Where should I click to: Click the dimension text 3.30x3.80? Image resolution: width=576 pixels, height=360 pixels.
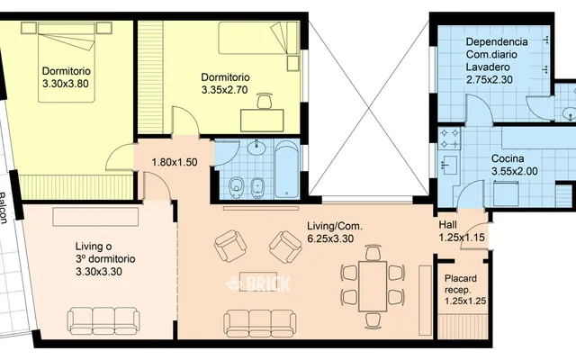66,84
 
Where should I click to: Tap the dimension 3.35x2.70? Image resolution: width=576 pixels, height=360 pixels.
224,90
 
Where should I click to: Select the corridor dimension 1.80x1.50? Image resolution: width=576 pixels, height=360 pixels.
175,162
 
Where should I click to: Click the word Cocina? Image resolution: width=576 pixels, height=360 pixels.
508,158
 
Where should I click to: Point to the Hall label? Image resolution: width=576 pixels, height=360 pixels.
448,225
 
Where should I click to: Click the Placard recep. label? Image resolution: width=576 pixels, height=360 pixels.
460,284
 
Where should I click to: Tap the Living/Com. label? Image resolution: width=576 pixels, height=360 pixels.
335,226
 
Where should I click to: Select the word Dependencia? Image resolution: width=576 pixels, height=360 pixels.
497,41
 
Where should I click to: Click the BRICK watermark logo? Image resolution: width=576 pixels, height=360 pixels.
258,283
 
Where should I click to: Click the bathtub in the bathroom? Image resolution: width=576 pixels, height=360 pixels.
286,169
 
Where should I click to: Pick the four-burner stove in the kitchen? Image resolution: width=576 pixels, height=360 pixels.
450,138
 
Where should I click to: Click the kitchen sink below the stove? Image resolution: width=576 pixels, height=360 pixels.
449,166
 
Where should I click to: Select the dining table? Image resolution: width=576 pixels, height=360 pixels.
373,286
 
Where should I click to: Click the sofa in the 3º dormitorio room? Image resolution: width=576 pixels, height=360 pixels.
103,321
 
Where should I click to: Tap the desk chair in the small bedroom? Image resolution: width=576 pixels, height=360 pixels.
265,101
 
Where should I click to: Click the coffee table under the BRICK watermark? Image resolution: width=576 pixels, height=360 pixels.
253,282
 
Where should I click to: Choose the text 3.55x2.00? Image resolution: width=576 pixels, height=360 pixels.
515,171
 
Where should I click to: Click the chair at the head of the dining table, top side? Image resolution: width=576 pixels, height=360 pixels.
373,253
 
